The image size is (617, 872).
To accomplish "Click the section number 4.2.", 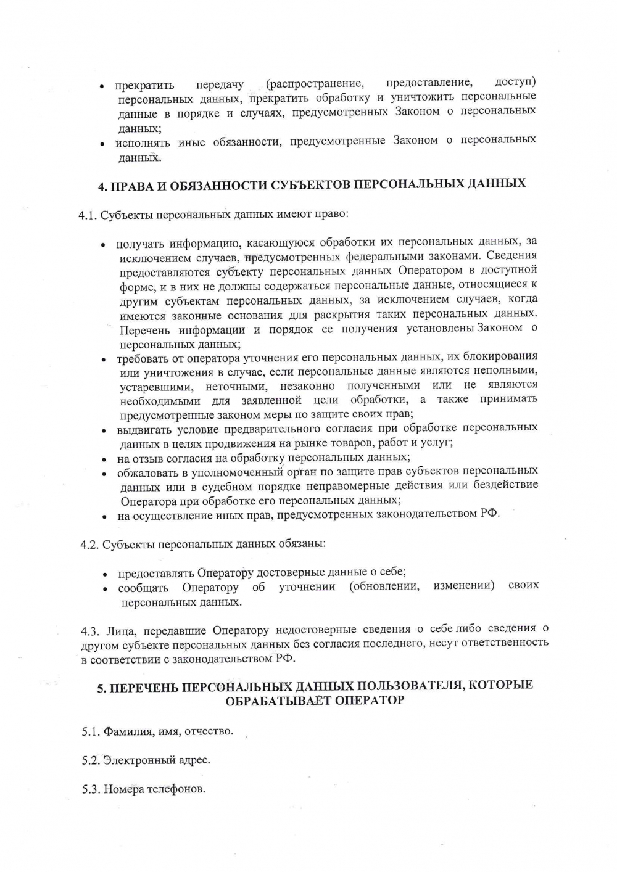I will [x=89, y=545].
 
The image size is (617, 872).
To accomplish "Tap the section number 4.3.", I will [x=90, y=631].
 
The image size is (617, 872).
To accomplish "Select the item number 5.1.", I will [x=91, y=732].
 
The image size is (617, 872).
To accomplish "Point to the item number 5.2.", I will [x=91, y=760].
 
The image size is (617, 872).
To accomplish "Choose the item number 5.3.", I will [x=91, y=789].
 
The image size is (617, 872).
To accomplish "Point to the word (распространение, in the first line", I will [x=314, y=83].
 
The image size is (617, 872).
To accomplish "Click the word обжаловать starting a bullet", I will [x=148, y=473].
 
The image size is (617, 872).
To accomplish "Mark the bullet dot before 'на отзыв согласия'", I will [x=106, y=459].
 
